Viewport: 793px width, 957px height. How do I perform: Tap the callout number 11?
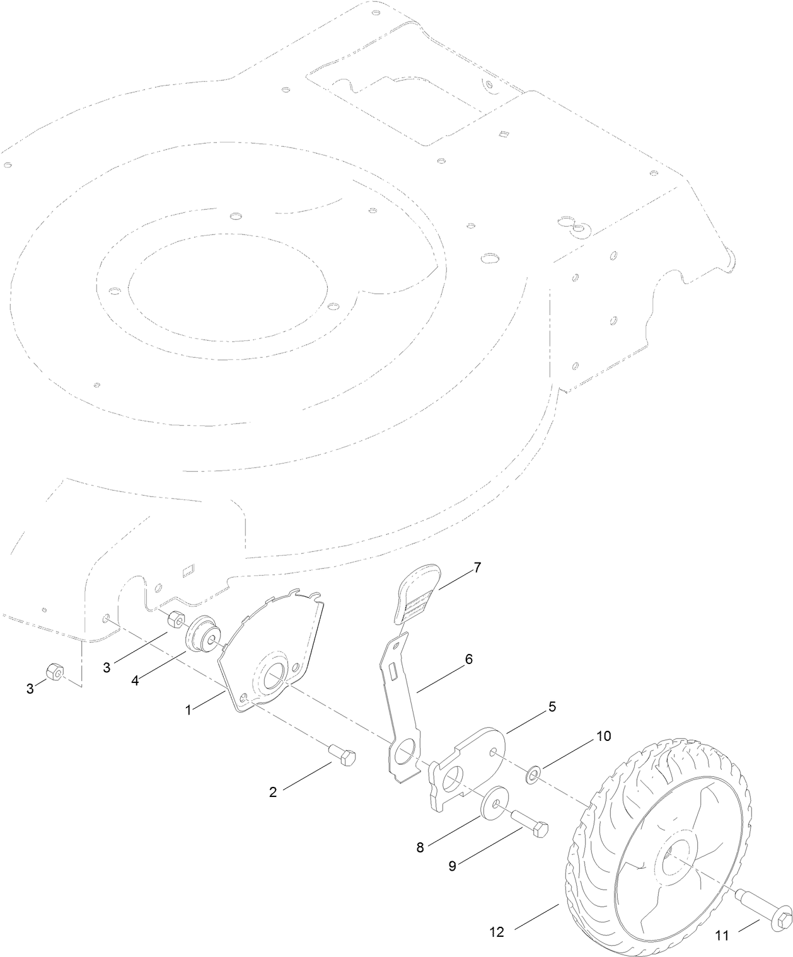coord(722,936)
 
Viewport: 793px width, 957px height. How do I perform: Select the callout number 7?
coord(477,567)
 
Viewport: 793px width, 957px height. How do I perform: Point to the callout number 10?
coord(603,736)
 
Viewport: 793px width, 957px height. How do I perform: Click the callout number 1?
coord(188,709)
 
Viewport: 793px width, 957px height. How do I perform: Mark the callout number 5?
coord(552,706)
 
